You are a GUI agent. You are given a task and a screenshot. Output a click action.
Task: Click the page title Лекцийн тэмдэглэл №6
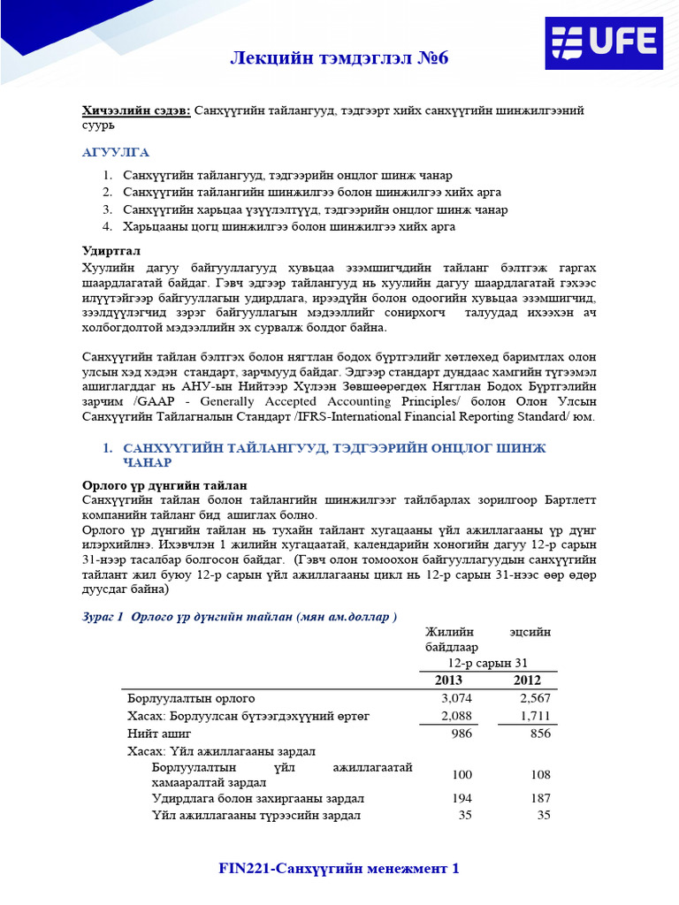[339, 59]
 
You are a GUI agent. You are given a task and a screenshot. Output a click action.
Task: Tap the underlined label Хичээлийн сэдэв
[135, 110]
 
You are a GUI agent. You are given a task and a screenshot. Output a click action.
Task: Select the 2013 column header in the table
[448, 680]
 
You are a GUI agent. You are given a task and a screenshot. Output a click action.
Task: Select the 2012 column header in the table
[528, 680]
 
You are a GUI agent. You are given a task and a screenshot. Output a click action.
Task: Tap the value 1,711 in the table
[535, 715]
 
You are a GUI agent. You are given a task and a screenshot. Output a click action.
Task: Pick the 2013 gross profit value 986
[462, 734]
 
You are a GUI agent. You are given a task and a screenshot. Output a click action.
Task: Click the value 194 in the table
[462, 798]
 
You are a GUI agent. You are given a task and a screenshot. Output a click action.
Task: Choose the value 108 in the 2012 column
[538, 774]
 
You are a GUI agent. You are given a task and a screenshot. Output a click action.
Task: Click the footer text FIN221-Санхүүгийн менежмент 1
[339, 869]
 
